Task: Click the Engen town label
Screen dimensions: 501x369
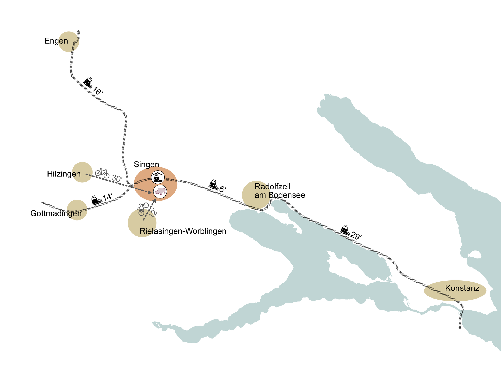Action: tap(56, 41)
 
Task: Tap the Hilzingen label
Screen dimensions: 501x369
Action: tap(64, 174)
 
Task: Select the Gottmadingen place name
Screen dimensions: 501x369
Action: tap(56, 213)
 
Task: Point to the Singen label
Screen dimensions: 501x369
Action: tap(146, 164)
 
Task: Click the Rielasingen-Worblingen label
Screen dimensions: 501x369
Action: tap(183, 231)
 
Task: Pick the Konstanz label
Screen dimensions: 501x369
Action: tap(462, 288)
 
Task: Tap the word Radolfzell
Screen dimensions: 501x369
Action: tap(272, 187)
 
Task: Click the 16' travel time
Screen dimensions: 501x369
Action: tap(98, 91)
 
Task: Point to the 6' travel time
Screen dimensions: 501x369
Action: tap(223, 189)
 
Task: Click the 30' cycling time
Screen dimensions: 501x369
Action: tap(117, 178)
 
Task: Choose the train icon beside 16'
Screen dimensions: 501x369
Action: tap(88, 82)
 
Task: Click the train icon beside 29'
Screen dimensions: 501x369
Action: tap(345, 230)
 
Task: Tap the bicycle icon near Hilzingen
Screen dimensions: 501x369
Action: tap(102, 173)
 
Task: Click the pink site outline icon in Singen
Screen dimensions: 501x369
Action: tap(160, 192)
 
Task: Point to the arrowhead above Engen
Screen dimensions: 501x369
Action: tap(79, 31)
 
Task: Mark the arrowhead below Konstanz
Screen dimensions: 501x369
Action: tap(460, 328)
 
